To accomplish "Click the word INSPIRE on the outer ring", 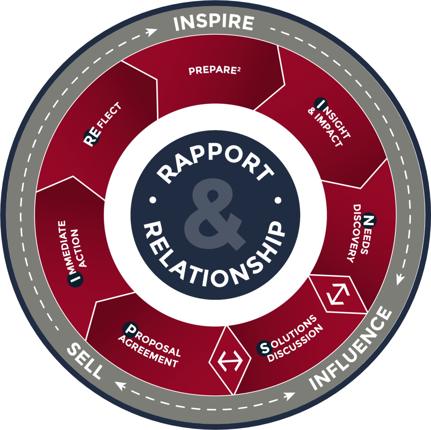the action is (214, 23).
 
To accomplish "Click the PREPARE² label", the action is (214, 70).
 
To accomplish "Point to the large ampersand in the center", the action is (215, 214).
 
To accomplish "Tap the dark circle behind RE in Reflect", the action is (92, 137).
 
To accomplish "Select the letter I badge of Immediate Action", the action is (75, 279).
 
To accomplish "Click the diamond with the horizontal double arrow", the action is (230, 361).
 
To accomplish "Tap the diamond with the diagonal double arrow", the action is (338, 294).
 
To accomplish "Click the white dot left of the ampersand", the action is (153, 200).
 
